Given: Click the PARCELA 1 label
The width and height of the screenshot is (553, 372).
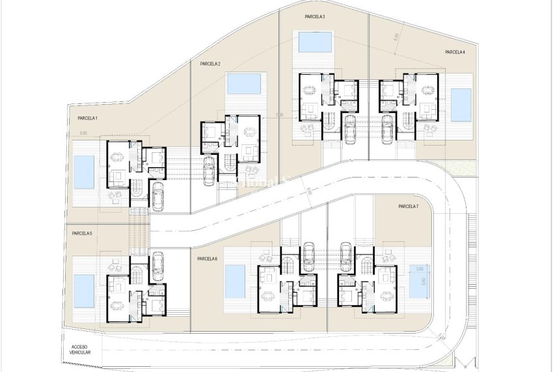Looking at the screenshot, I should pos(83,118).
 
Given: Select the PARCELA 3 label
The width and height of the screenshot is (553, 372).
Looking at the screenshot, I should pos(315,16).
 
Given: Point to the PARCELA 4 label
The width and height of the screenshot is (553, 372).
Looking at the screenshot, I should pos(455,52).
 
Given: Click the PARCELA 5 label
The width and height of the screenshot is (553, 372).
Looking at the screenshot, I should pos(82,233).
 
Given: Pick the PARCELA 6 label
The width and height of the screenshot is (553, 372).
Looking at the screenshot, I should pos(207,258).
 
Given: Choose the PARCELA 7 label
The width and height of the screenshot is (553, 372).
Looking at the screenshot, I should pos(408,206).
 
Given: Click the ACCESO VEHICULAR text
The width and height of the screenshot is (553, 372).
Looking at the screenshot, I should pos(81,349).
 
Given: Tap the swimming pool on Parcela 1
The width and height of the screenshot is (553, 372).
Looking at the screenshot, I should pos(84,172).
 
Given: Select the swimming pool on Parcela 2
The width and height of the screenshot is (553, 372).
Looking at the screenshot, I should pos(244,83).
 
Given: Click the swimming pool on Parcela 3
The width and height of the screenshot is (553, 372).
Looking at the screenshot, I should pos(314,43).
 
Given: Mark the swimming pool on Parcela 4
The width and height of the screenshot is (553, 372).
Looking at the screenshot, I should pos(461,105).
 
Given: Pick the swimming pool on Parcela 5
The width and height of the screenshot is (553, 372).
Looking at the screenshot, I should pos(84,290).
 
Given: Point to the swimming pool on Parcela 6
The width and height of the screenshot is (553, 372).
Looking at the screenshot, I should pos(235,281).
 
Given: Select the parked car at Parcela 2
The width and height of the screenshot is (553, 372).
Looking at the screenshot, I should pos(209,172).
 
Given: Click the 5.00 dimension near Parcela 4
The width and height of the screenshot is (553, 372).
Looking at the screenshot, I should pos(395,38).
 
